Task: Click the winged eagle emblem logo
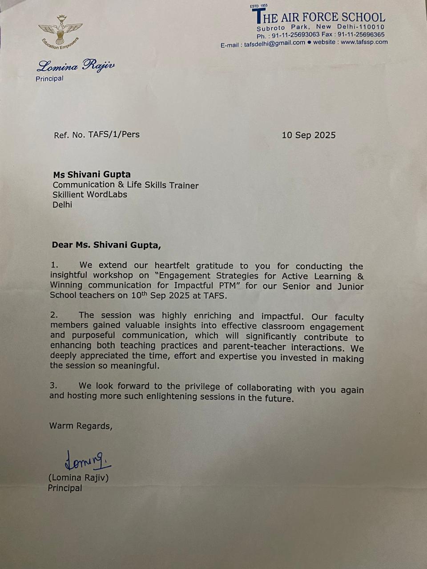[x=60, y=31]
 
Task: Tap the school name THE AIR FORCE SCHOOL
[x=318, y=17]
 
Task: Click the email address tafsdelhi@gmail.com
[x=274, y=44]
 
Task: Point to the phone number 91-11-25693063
[x=295, y=35]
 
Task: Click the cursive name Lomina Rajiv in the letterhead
[x=76, y=67]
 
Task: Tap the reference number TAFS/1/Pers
[x=114, y=134]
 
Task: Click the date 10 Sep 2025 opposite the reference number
[x=308, y=135]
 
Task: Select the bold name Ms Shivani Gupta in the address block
[x=92, y=174]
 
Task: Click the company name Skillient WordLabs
[x=90, y=195]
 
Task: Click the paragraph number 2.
[x=54, y=315]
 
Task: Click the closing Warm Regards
[x=81, y=426]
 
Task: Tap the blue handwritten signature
[x=87, y=461]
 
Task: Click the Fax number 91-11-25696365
[x=361, y=34]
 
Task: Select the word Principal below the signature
[x=65, y=488]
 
